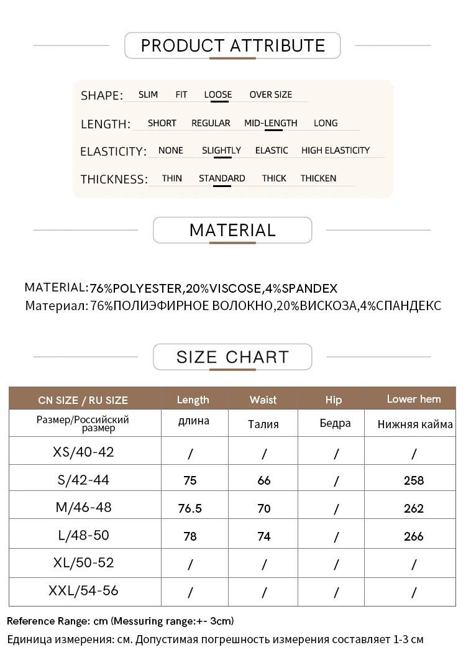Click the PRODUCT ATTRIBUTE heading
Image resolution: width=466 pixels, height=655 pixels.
tap(232, 45)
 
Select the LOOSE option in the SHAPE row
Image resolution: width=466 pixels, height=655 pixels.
tap(217, 94)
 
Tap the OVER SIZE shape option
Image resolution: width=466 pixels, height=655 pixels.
tap(270, 94)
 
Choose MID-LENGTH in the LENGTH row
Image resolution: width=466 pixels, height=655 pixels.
tap(270, 123)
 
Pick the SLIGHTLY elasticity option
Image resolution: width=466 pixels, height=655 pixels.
tap(221, 150)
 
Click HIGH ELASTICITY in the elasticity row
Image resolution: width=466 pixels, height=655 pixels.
tap(335, 150)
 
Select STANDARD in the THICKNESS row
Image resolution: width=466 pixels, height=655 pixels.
tap(222, 178)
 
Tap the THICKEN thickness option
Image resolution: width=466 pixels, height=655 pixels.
tap(318, 178)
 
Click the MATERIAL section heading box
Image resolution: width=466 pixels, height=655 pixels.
tap(232, 230)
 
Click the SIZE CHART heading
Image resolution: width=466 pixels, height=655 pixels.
tap(232, 357)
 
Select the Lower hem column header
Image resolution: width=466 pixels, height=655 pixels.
tap(413, 399)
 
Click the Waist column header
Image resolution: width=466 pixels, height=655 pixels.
tap(263, 400)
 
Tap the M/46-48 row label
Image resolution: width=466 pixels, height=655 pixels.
tap(84, 507)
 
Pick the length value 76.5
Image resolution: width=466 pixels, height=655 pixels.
tap(190, 508)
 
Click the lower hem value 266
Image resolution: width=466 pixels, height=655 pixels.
tap(413, 536)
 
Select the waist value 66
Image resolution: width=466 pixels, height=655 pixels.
tap(263, 480)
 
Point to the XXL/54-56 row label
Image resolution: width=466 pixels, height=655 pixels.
tap(83, 591)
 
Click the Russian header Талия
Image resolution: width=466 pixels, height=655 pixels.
tap(263, 424)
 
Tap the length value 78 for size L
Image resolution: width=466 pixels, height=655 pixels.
tap(190, 536)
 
